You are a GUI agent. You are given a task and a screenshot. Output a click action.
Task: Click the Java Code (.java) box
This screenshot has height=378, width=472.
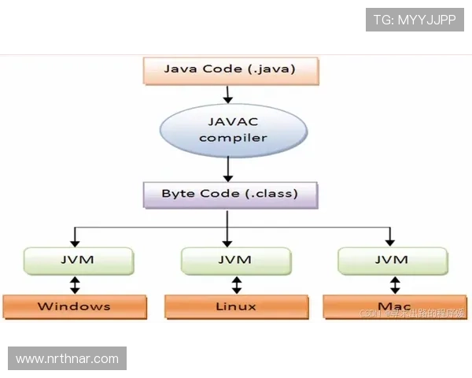click(x=229, y=69)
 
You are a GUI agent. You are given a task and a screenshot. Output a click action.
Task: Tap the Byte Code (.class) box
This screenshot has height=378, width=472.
click(x=229, y=194)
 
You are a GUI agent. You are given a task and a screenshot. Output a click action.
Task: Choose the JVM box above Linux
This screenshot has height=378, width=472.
click(x=236, y=259)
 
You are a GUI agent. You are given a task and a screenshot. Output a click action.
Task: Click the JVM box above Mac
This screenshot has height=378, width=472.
click(x=393, y=259)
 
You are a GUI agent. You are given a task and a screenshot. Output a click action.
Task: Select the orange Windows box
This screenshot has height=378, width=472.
click(x=74, y=306)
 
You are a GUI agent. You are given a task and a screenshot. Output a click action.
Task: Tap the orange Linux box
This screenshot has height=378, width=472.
click(x=236, y=306)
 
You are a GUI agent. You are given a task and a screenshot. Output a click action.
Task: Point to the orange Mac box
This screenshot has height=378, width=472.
click(x=393, y=306)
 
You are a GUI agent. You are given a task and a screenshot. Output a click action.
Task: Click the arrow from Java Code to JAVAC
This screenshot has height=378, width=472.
click(x=228, y=94)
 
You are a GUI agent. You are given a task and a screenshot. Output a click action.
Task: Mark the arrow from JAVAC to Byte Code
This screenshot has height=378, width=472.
click(x=228, y=169)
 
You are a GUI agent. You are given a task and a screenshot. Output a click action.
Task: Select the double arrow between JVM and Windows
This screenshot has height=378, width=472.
click(x=75, y=283)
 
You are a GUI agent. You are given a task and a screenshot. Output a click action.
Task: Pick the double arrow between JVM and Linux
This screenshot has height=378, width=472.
click(x=236, y=283)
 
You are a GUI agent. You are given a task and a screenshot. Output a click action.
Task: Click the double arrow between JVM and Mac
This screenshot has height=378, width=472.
click(x=395, y=283)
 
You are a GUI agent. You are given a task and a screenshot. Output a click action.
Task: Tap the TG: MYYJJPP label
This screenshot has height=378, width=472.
click(x=415, y=20)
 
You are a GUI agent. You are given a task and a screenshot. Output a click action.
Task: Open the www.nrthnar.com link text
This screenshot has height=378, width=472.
click(x=67, y=359)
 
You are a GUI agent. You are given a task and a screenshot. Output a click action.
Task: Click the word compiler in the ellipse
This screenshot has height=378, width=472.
click(x=233, y=138)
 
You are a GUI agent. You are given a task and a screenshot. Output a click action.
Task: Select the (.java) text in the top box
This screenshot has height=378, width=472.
click(x=270, y=69)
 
